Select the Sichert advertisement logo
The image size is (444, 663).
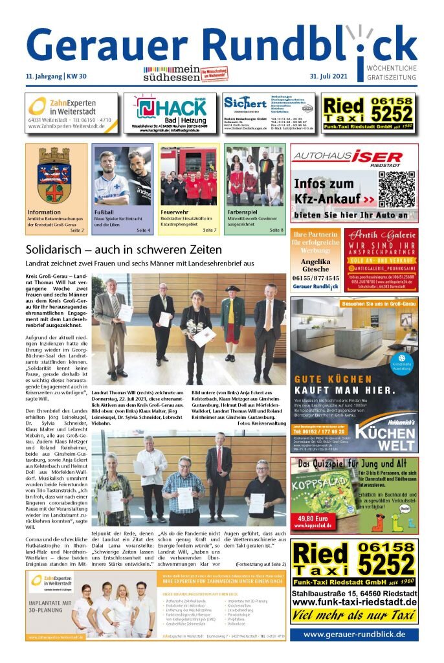245,104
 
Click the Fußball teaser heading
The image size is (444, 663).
105,212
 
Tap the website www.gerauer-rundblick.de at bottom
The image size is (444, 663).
354,635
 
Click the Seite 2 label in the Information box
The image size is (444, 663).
77,230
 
